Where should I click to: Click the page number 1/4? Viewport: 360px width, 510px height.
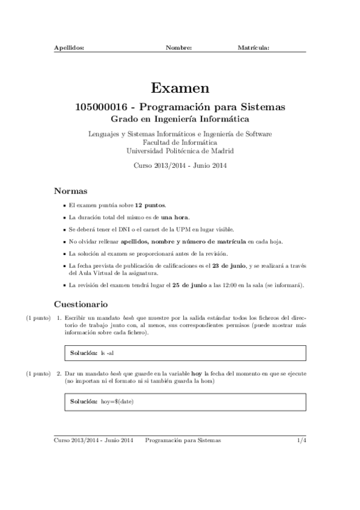click(302, 441)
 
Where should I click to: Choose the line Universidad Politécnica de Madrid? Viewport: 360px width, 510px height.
click(180, 151)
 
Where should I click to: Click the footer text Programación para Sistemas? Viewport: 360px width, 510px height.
click(183, 441)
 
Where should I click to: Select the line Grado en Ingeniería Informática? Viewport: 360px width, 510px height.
click(180, 120)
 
